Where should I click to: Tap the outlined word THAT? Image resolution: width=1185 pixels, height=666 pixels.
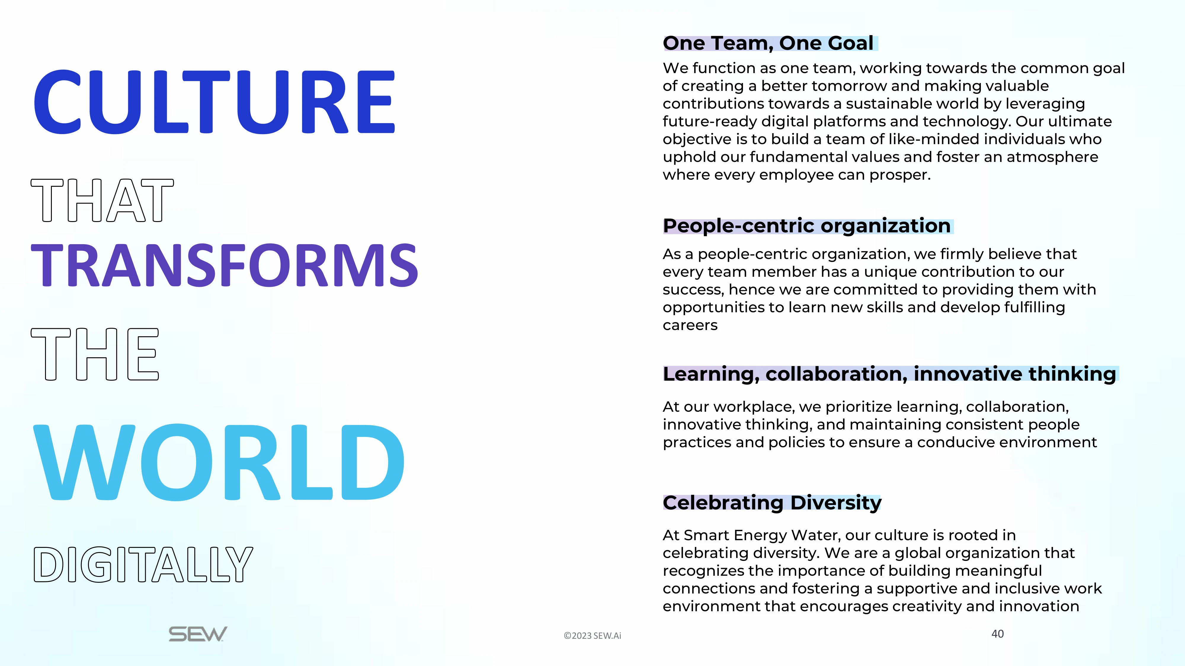click(x=102, y=200)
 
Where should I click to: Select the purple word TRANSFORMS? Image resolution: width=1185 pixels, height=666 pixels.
click(x=225, y=265)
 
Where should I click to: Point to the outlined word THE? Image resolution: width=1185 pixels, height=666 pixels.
click(x=95, y=354)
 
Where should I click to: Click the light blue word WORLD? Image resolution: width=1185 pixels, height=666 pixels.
click(x=219, y=462)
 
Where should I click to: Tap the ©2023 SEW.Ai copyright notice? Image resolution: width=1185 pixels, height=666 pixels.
click(x=592, y=636)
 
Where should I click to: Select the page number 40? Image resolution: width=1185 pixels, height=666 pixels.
click(x=997, y=634)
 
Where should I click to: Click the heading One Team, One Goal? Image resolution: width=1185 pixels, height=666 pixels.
click(x=768, y=43)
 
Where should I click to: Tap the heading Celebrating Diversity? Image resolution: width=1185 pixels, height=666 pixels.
click(x=772, y=503)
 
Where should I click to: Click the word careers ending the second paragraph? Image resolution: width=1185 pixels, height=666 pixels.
click(x=690, y=325)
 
